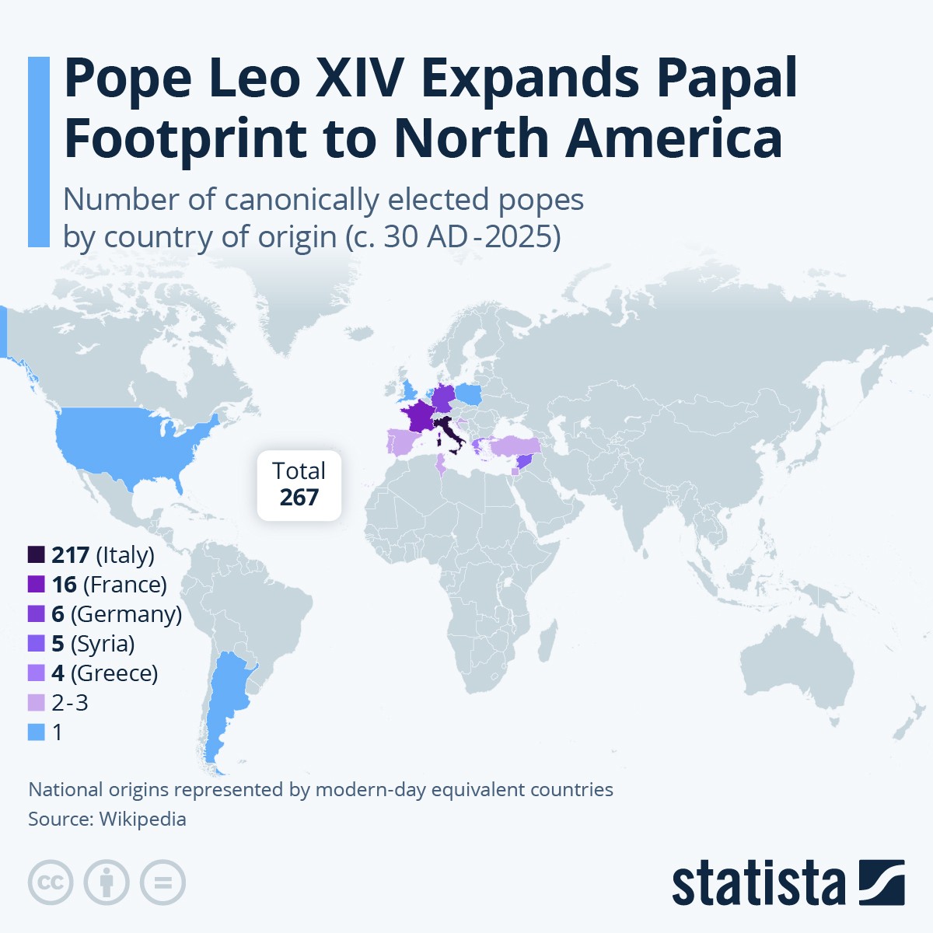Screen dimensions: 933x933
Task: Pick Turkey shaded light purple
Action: [x=513, y=446]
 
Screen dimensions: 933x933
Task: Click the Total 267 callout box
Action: [x=299, y=484]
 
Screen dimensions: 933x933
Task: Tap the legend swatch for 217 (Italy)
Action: [x=37, y=554]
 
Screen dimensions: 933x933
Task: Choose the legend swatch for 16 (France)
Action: [x=37, y=584]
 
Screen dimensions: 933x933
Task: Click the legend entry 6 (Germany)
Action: [x=117, y=613]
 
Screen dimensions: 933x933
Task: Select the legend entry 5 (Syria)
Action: [x=93, y=643]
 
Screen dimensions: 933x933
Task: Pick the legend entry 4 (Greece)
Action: [x=105, y=673]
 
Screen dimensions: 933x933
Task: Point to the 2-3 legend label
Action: [x=70, y=702]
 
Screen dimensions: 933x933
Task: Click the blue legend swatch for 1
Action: [x=37, y=732]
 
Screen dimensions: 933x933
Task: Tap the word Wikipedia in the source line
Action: [x=142, y=819]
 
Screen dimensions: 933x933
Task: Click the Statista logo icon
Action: [x=881, y=882]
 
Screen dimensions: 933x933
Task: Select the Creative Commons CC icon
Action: [x=51, y=882]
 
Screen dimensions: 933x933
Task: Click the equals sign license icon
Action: [x=163, y=882]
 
